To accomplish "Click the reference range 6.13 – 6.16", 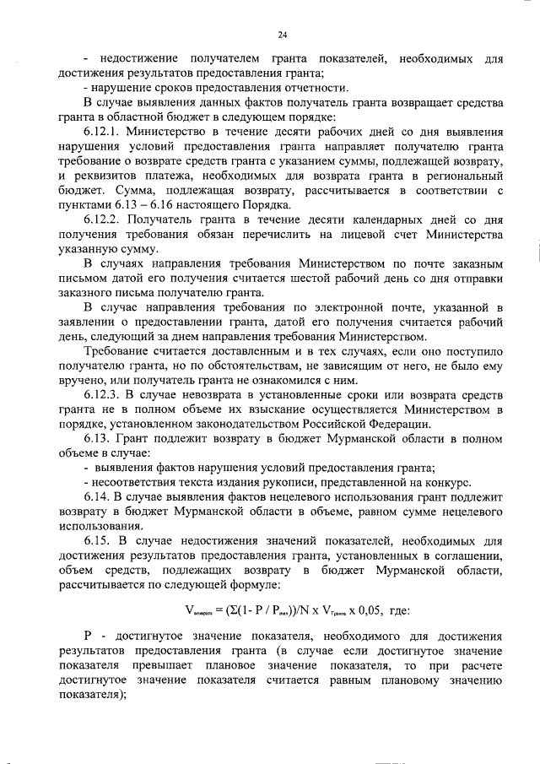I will tap(138, 205).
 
